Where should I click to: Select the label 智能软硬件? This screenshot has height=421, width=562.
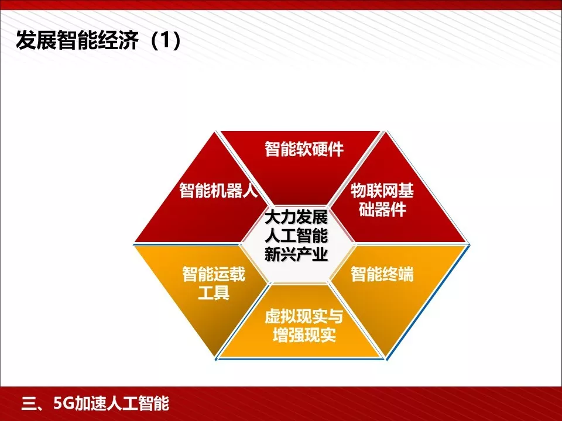(x=304, y=150)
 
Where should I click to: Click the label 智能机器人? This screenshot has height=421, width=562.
(x=218, y=191)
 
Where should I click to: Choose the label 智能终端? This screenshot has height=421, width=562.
(x=382, y=274)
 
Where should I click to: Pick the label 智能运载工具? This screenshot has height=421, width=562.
(x=214, y=283)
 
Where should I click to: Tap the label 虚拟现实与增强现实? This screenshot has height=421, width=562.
(x=303, y=326)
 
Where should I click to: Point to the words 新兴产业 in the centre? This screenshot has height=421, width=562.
(x=296, y=255)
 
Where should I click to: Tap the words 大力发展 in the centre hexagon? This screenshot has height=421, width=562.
(x=296, y=218)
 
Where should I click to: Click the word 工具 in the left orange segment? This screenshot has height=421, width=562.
(x=214, y=292)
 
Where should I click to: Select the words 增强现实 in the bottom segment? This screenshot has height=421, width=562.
(x=303, y=336)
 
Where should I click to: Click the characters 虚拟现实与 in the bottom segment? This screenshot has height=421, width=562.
(x=303, y=316)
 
